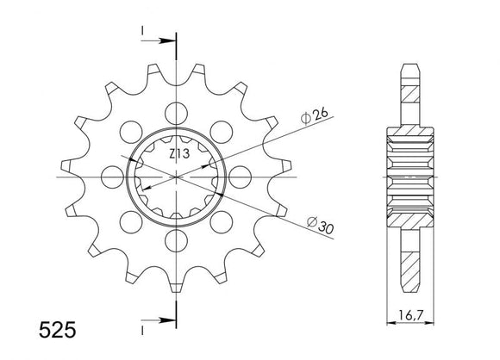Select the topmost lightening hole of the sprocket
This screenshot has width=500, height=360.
pos(178,110)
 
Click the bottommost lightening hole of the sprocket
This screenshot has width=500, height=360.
pos(178,239)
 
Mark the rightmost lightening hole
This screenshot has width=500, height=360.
pos(242,175)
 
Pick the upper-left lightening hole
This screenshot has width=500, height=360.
pos(132,129)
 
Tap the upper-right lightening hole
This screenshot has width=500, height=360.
pos(223,129)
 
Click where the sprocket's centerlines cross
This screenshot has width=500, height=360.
pos(178,175)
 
